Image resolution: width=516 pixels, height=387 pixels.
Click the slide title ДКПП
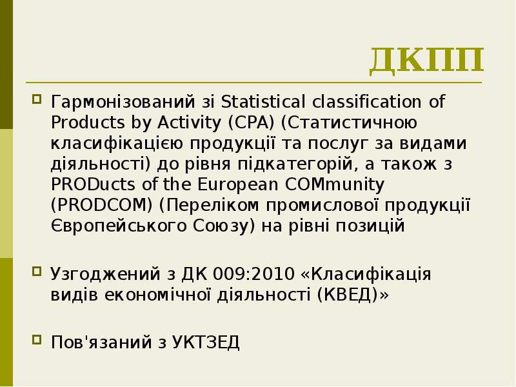426,61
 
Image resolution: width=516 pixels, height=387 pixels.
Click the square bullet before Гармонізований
37,101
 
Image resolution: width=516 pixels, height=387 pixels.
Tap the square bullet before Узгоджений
37,272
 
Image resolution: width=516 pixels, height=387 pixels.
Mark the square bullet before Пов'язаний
37,341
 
